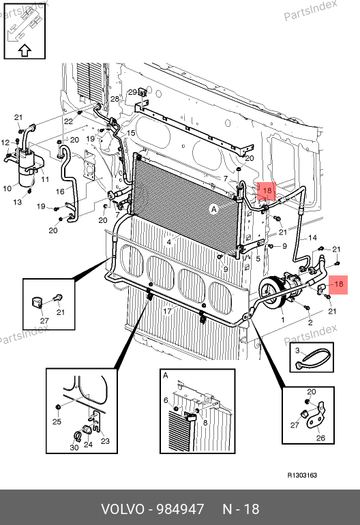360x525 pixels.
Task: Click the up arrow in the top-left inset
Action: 25,51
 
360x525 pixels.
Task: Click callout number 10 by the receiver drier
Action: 7,188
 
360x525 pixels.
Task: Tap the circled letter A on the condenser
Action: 213,209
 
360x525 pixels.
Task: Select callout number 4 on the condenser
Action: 169,242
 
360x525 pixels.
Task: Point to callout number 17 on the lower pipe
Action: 167,311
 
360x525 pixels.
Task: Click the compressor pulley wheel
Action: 272,291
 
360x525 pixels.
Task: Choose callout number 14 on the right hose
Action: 312,238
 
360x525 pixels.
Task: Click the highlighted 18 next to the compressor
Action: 339,284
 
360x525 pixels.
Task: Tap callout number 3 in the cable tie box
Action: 297,350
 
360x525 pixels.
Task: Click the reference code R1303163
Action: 302,475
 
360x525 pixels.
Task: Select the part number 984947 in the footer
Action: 180,509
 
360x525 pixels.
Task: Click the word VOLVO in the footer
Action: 123,509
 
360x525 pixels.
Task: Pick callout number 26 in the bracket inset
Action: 320,438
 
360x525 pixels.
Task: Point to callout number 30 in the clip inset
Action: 74,447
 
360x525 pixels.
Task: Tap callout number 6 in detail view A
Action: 166,400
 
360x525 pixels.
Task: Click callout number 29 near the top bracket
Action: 133,92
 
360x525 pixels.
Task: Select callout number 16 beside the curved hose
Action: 60,192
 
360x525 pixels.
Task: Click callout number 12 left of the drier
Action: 5,142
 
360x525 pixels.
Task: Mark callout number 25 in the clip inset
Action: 57,421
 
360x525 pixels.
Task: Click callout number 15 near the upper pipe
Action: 131,133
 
